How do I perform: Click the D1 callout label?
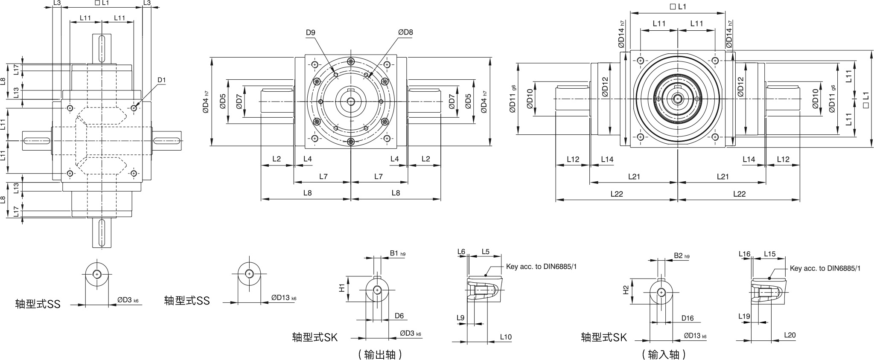(161, 80)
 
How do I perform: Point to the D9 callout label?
(310, 32)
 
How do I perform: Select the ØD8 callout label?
(405, 32)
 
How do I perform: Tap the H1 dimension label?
(341, 288)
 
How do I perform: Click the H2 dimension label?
(626, 290)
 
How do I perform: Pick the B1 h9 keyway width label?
(397, 253)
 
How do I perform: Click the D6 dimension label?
(399, 316)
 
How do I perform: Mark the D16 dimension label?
(688, 318)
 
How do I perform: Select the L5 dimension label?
(486, 252)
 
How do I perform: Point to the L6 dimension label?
(461, 252)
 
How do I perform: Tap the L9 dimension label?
(460, 318)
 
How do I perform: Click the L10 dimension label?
(506, 337)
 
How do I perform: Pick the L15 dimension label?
(770, 254)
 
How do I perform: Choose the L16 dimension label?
(744, 254)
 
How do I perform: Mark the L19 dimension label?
(744, 316)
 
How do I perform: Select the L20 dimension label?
(790, 335)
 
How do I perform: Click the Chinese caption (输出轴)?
(380, 354)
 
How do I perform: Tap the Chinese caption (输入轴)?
(664, 354)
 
